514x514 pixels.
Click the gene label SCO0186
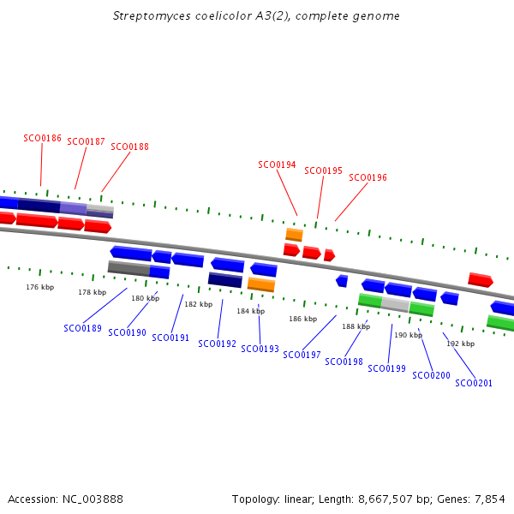tap(42, 138)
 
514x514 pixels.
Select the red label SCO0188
tap(129, 146)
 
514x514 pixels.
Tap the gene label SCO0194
tap(277, 164)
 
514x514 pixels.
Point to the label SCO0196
tap(368, 177)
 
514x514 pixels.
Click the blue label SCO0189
tap(82, 328)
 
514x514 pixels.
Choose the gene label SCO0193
tap(260, 349)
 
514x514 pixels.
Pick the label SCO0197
tap(302, 355)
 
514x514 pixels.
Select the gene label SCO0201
tap(474, 383)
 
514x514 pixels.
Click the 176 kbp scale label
tap(39, 287)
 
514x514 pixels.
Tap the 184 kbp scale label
tap(251, 311)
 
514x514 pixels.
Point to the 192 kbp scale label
tap(460, 344)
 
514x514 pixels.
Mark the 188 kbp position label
tap(356, 326)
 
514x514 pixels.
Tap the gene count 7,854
tap(490, 499)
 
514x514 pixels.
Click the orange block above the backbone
tap(294, 234)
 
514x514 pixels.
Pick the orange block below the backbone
tap(261, 284)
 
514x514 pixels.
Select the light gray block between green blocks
tap(395, 304)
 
